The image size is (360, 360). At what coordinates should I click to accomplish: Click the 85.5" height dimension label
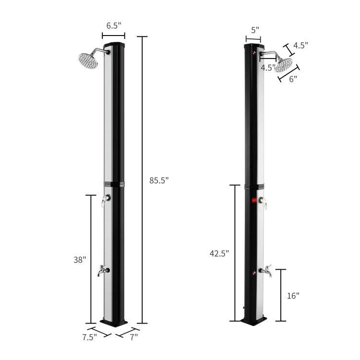159,180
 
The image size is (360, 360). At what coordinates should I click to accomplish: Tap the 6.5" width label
114,25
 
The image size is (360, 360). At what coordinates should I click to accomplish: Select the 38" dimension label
80,260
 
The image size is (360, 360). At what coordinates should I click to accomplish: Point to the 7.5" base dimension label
90,337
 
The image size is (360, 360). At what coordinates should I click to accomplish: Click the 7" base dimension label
134,337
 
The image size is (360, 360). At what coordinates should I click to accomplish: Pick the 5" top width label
255,30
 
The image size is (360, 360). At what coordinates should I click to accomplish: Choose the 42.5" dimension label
219,253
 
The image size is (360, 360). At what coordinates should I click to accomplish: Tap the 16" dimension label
293,296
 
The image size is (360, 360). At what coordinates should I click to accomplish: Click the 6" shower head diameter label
293,79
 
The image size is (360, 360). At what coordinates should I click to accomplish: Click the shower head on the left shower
88,60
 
